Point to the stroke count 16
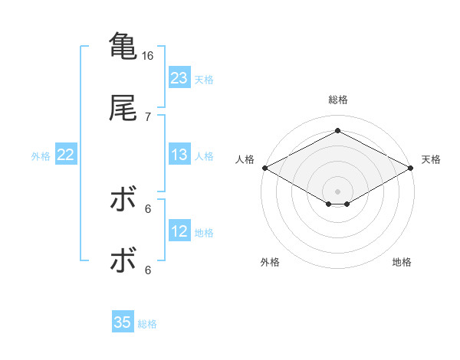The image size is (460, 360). [148, 56]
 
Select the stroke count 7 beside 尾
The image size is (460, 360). [148, 116]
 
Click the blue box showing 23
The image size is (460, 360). [179, 78]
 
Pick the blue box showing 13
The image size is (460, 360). [179, 155]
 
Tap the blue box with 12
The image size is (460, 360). [179, 231]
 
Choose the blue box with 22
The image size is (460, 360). [66, 155]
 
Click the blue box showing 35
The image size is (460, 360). [123, 322]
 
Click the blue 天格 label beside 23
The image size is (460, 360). [204, 79]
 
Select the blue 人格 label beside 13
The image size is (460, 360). [204, 155]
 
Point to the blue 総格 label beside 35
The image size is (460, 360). [147, 323]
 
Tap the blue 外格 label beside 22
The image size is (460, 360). [41, 155]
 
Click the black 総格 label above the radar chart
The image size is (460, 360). [338, 100]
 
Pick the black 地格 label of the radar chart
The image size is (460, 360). [402, 262]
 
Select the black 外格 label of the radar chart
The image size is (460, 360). [270, 262]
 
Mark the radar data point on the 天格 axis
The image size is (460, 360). [412, 168]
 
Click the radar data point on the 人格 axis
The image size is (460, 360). [264, 168]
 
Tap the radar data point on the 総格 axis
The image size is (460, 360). [338, 131]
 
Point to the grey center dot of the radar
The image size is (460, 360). [338, 191]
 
